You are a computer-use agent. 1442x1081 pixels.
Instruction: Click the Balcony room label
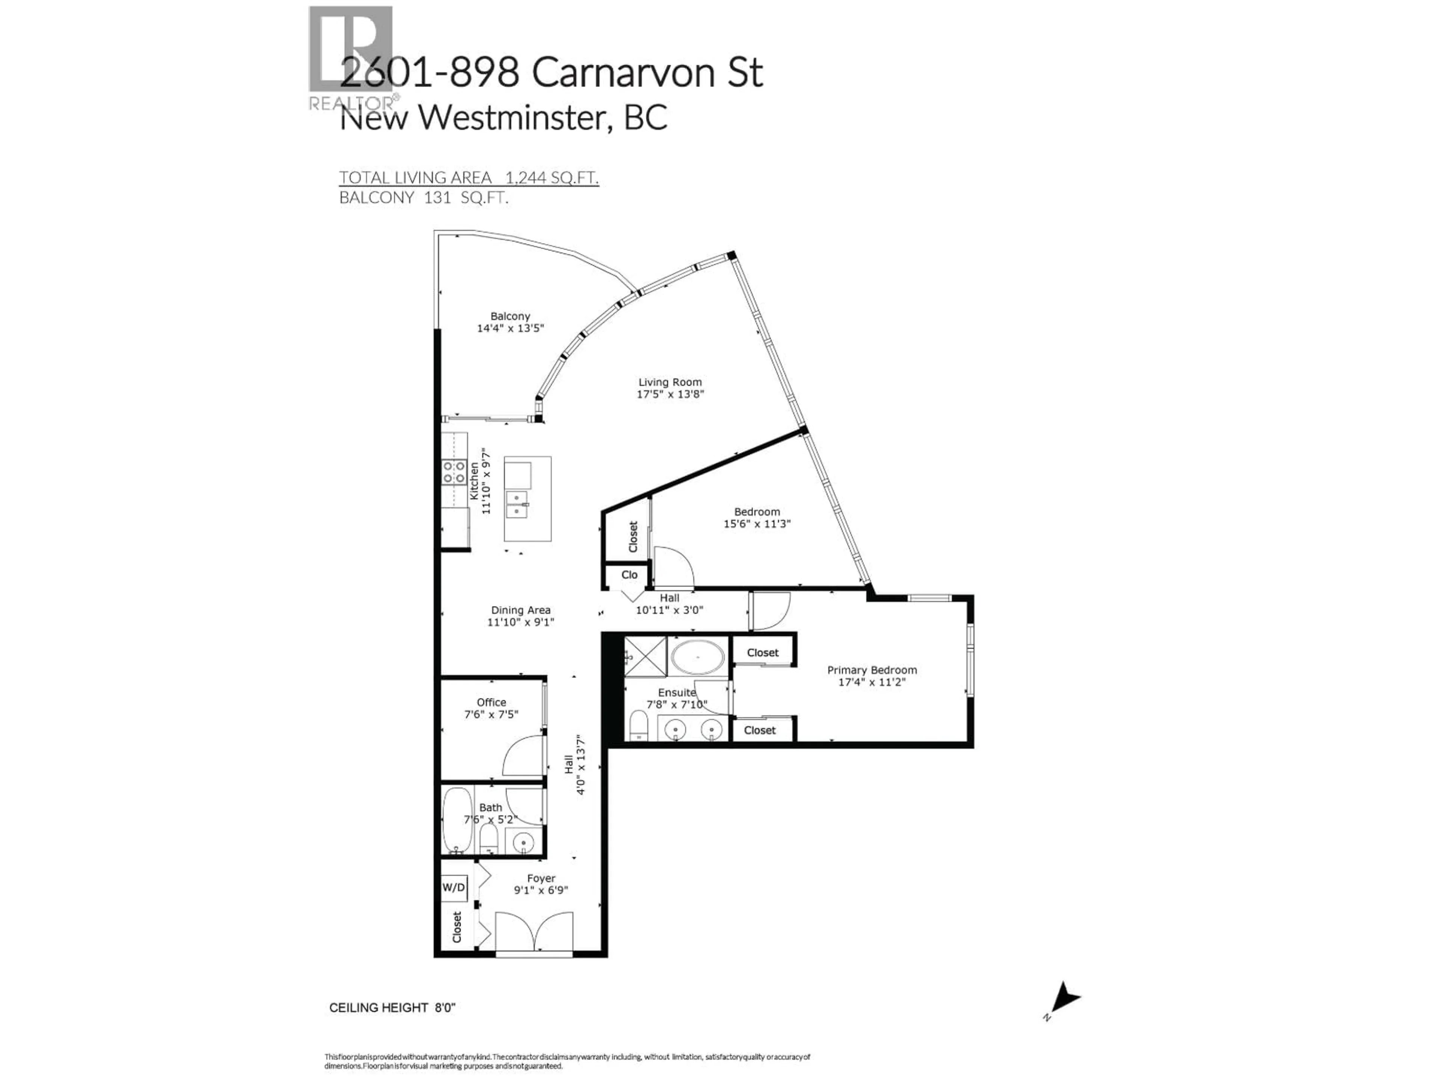point(510,316)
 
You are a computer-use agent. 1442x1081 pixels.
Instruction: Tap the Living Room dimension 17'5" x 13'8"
point(670,394)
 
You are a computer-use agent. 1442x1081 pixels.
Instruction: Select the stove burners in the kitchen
point(454,472)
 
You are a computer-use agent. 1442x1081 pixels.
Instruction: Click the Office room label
point(491,702)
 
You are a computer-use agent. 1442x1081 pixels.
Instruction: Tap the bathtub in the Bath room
point(457,821)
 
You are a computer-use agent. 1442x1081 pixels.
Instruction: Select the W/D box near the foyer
point(454,887)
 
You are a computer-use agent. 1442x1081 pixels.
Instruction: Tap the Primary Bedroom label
point(872,670)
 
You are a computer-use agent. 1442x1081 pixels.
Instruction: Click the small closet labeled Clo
point(628,575)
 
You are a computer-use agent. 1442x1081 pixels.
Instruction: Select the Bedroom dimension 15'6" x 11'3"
point(757,523)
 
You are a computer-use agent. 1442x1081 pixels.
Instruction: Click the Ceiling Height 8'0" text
point(392,1007)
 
